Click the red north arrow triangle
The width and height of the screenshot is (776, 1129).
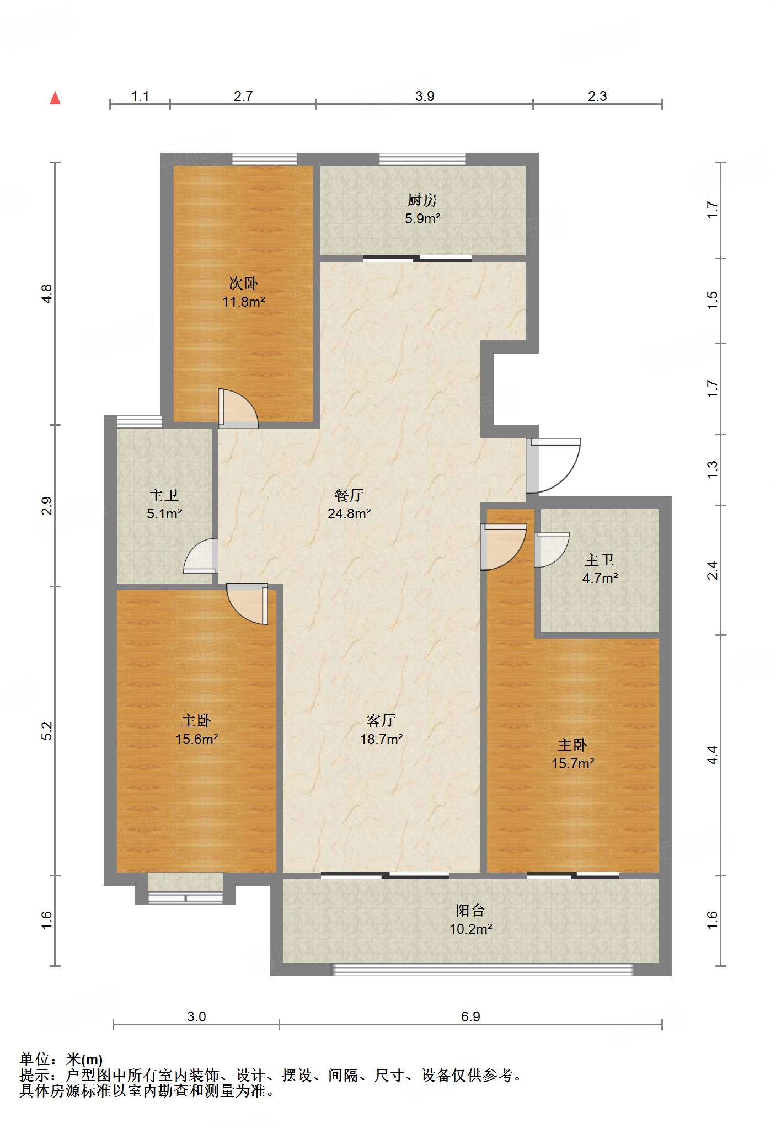[x=55, y=98]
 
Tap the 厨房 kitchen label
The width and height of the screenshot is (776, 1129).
[x=422, y=200]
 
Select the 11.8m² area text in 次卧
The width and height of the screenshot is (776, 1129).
[x=243, y=302]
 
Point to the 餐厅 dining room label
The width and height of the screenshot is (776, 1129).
[x=349, y=495]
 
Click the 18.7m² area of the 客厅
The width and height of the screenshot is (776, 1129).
[x=381, y=739]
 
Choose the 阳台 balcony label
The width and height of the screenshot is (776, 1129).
[x=470, y=910]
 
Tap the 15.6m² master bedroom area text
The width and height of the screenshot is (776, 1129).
[x=197, y=739]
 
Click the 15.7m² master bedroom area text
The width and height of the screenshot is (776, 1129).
[x=573, y=763]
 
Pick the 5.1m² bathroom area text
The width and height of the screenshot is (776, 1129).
[x=164, y=514]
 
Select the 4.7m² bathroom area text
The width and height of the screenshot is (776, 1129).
[x=600, y=578]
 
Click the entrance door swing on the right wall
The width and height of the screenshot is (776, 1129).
[x=553, y=465]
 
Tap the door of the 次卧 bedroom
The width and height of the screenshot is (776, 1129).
[x=238, y=408]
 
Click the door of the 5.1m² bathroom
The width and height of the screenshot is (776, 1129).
[x=200, y=556]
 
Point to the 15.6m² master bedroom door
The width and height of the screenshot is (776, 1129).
[x=248, y=604]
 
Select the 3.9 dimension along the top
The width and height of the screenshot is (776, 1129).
[x=425, y=96]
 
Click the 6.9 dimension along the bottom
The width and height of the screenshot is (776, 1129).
[x=470, y=1016]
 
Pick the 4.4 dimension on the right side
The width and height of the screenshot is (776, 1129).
[x=713, y=755]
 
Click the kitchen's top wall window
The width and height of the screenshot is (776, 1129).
[x=422, y=159]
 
